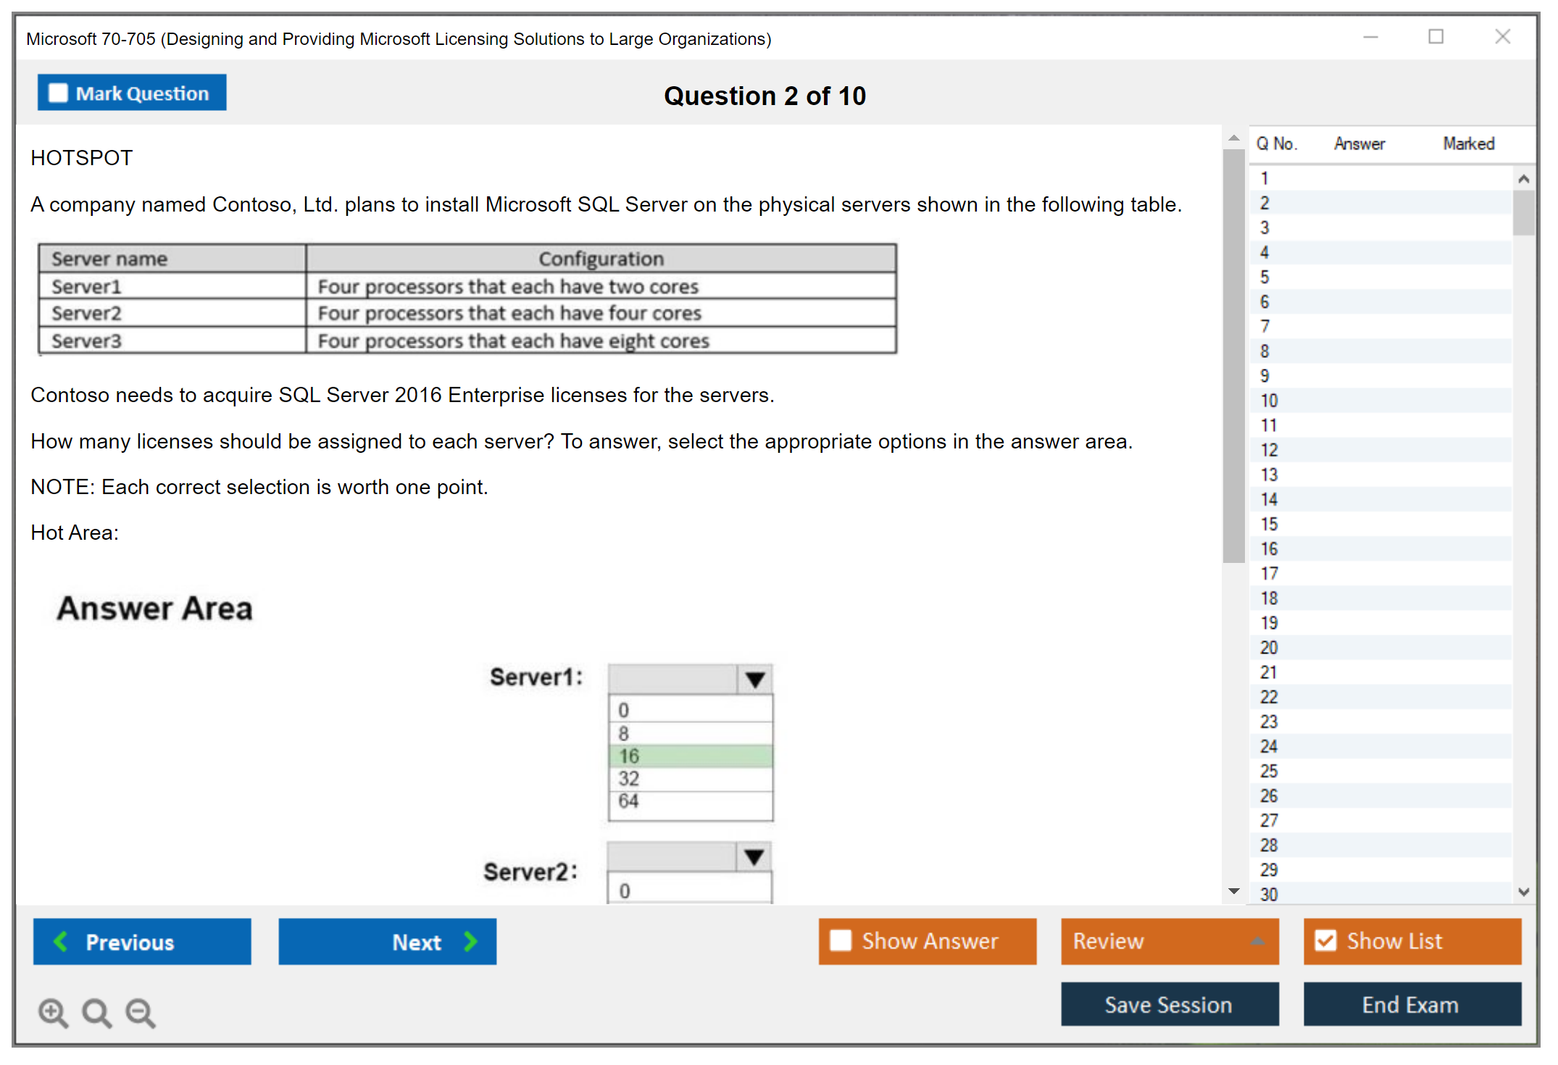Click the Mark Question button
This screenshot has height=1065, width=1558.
132,93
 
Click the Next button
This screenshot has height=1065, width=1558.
388,941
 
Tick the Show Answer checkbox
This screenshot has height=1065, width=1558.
841,940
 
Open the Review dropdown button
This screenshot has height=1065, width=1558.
1170,941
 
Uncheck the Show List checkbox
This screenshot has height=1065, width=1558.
1325,940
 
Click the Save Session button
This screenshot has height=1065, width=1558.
1170,1004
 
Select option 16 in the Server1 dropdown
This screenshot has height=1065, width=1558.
691,756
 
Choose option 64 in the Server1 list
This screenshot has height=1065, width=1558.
691,801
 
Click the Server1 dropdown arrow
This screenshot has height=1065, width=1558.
755,680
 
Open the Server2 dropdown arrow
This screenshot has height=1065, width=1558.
754,857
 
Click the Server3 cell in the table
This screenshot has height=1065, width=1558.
172,341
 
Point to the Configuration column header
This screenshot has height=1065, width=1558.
601,259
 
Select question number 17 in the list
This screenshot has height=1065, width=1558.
1269,573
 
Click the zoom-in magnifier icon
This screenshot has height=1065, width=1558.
53,1012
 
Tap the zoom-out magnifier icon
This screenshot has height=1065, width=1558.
141,1012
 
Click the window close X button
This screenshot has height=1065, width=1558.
1502,36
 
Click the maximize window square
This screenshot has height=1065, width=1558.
1436,36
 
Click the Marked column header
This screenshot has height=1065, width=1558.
1469,143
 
